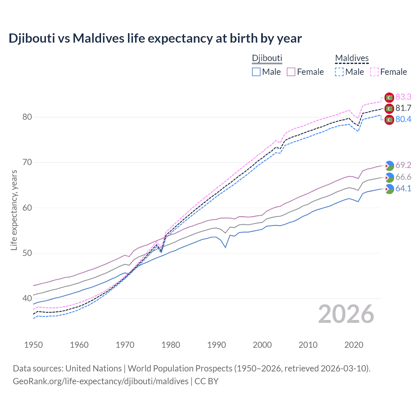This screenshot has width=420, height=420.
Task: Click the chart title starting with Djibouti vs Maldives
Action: pos(155,38)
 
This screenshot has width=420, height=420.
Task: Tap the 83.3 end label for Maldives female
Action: pos(403,97)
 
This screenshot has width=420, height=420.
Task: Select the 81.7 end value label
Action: pos(403,108)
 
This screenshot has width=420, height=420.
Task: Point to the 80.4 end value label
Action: pos(403,119)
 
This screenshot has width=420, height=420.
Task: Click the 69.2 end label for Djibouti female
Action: pos(403,165)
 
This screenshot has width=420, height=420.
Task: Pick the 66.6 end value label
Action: pos(403,177)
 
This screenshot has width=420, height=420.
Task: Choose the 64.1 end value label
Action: pos(403,188)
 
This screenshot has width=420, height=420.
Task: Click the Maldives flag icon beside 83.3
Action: pos(389,97)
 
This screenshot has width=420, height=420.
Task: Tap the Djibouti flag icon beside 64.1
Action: pos(389,189)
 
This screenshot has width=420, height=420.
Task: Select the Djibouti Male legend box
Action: pos(256,72)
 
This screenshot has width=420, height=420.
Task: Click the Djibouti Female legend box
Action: pos(291,72)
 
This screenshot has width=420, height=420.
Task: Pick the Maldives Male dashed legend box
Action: pos(339,72)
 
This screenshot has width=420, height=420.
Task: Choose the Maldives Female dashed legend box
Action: pos(374,72)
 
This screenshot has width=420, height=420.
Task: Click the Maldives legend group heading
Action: pos(352,58)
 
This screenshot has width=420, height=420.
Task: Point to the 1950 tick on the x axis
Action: pos(33,345)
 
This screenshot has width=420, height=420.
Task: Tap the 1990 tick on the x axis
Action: pos(217,345)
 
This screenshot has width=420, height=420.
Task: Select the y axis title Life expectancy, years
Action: pos(14,210)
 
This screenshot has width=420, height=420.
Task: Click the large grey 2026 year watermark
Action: pos(346,314)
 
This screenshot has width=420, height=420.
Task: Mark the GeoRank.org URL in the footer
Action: pos(100,381)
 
